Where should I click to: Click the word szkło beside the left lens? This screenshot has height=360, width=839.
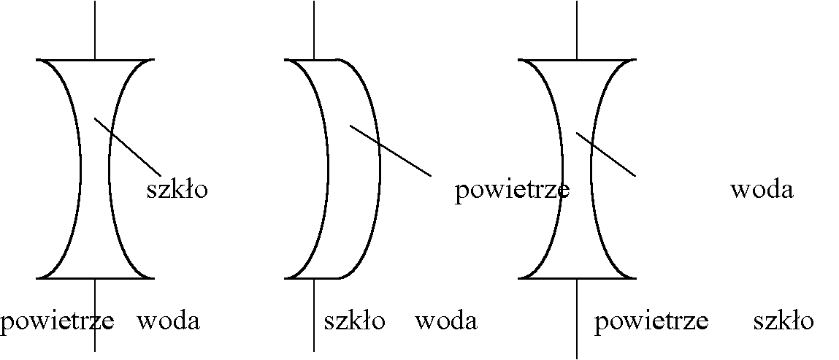click(177, 190)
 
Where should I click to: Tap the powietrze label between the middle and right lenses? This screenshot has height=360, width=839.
click(512, 191)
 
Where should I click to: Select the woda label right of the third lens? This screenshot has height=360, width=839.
click(762, 190)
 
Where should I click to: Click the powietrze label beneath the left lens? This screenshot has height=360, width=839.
click(57, 321)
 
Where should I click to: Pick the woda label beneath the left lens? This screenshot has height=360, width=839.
click(169, 321)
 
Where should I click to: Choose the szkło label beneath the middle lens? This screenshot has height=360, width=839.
click(354, 321)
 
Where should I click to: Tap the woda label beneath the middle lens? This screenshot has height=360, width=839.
click(446, 321)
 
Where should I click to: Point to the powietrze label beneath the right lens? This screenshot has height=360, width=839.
click(651, 321)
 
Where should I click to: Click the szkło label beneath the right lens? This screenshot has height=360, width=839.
click(784, 321)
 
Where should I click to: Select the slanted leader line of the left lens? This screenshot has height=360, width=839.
click(128, 146)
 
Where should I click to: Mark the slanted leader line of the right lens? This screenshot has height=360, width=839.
click(606, 154)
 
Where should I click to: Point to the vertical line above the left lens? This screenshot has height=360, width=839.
click(95, 29)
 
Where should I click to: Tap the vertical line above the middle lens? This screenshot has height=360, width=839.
click(314, 29)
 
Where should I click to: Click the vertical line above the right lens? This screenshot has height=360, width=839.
click(577, 29)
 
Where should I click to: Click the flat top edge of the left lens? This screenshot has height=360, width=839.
click(95, 59)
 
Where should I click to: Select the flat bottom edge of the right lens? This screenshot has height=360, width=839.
click(577, 278)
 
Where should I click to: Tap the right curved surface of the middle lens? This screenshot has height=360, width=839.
click(379, 168)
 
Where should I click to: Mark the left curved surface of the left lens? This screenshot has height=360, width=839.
click(80, 168)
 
